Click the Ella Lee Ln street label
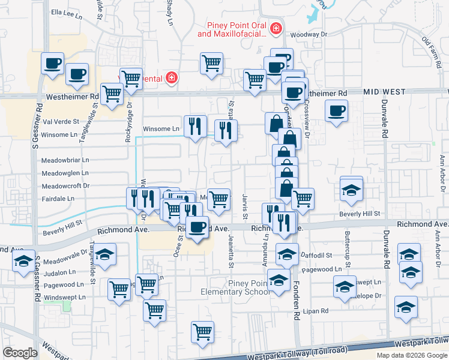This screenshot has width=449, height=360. [x=66, y=12]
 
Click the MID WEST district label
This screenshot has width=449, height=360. [x=382, y=92]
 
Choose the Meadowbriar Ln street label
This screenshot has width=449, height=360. [x=65, y=160]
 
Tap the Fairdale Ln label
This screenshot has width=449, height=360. [x=58, y=198]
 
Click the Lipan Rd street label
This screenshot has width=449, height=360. [x=316, y=311]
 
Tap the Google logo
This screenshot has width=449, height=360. [x=20, y=353]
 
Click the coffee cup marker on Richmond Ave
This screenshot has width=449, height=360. [x=197, y=227]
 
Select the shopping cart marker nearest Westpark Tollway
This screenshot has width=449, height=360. [x=203, y=331]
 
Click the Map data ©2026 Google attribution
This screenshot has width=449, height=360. [x=411, y=355]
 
